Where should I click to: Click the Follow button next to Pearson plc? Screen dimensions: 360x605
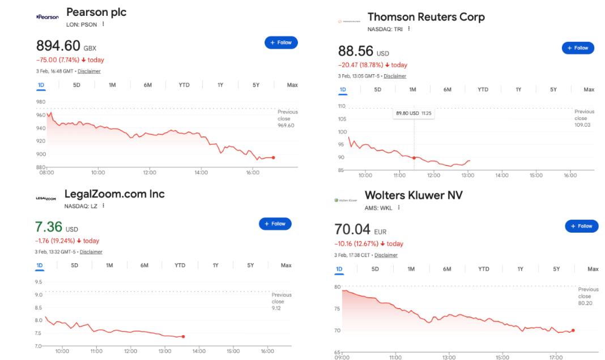(281, 42)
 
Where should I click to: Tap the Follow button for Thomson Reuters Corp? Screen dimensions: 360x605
(578, 48)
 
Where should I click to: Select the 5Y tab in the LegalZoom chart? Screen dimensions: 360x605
(250, 265)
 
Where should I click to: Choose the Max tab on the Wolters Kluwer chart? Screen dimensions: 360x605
(593, 269)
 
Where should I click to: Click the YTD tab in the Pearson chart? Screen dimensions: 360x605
(184, 85)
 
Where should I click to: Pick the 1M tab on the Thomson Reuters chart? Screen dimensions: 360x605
(412, 89)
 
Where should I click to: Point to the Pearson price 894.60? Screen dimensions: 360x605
(58, 46)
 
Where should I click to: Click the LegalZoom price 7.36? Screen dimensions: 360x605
(49, 227)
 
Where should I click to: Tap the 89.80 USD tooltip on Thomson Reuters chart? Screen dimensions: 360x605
(414, 113)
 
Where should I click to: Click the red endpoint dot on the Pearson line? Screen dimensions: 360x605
(274, 157)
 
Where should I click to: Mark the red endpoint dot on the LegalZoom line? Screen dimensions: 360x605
(183, 337)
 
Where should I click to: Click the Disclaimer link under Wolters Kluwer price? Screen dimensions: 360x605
(386, 255)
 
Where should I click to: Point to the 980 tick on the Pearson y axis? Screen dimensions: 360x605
(41, 102)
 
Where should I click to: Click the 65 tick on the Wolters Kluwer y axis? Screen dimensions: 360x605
(337, 352)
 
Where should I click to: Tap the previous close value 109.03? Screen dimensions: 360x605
(582, 125)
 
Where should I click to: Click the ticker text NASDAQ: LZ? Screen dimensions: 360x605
(81, 206)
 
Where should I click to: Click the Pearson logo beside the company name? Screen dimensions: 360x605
(48, 17)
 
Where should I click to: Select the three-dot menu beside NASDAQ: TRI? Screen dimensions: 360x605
(408, 29)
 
